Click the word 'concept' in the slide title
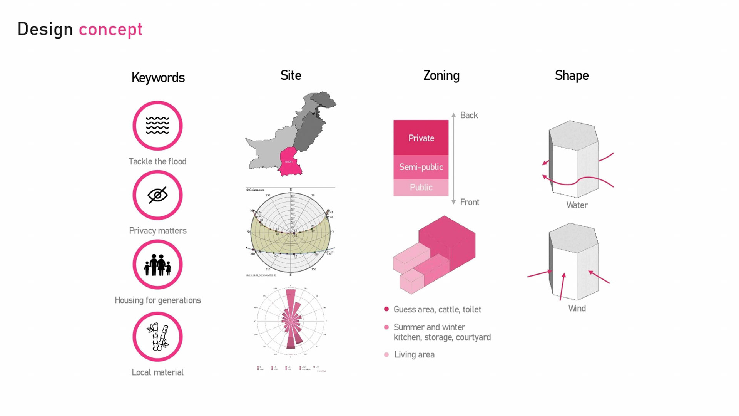110,30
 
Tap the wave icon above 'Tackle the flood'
157,126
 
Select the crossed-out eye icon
157,195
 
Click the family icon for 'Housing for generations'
157,265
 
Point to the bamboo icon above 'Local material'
157,337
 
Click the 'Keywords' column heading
158,77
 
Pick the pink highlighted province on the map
290,161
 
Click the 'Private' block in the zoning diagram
421,138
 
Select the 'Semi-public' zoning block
421,167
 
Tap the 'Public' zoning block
421,187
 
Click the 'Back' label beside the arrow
469,115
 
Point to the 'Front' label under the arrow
470,202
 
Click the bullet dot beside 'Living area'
386,354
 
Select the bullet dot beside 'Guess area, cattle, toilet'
386,309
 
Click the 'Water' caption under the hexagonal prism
577,205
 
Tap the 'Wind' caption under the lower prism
577,308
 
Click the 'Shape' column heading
572,75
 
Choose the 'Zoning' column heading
441,75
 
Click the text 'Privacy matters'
157,230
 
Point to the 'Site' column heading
291,75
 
